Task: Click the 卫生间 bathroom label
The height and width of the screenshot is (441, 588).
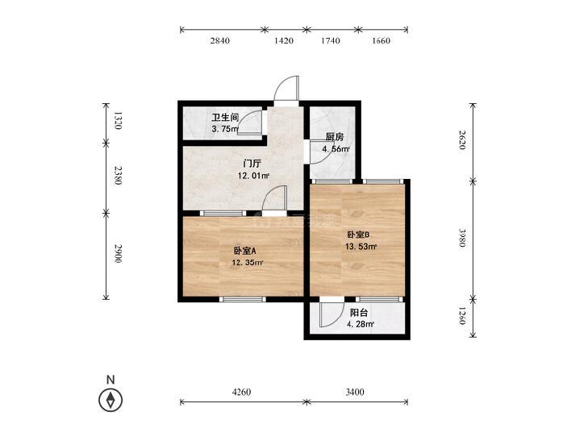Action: (x=225, y=117)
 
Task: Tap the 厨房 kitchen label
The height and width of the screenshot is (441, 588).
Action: (x=335, y=137)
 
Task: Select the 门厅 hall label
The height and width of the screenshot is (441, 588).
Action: (x=252, y=164)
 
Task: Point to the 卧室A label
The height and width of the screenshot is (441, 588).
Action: (x=244, y=251)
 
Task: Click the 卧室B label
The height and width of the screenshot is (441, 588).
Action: (x=358, y=235)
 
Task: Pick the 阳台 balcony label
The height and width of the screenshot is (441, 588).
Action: (x=358, y=313)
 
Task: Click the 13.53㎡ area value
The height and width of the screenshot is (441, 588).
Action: (x=361, y=247)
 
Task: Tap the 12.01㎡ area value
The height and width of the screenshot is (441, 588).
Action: (x=253, y=176)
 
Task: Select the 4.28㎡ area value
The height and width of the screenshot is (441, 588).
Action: (x=361, y=324)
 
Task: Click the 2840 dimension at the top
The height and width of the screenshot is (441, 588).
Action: (x=219, y=40)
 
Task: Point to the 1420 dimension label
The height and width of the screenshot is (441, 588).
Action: (x=284, y=40)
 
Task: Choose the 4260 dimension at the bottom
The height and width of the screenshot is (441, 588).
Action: (x=241, y=392)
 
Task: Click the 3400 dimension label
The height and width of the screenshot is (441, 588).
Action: (x=355, y=392)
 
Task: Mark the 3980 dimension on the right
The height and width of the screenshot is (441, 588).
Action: (x=462, y=238)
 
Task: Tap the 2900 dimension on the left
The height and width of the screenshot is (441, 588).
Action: (x=118, y=253)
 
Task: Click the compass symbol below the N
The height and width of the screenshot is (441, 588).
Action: (x=111, y=400)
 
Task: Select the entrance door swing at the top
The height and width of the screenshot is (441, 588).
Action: (x=287, y=89)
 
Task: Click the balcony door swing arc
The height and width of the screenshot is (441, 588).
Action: (x=332, y=314)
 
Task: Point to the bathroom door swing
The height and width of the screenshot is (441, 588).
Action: (x=250, y=123)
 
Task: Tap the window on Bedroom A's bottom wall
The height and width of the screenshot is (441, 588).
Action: (x=242, y=299)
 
